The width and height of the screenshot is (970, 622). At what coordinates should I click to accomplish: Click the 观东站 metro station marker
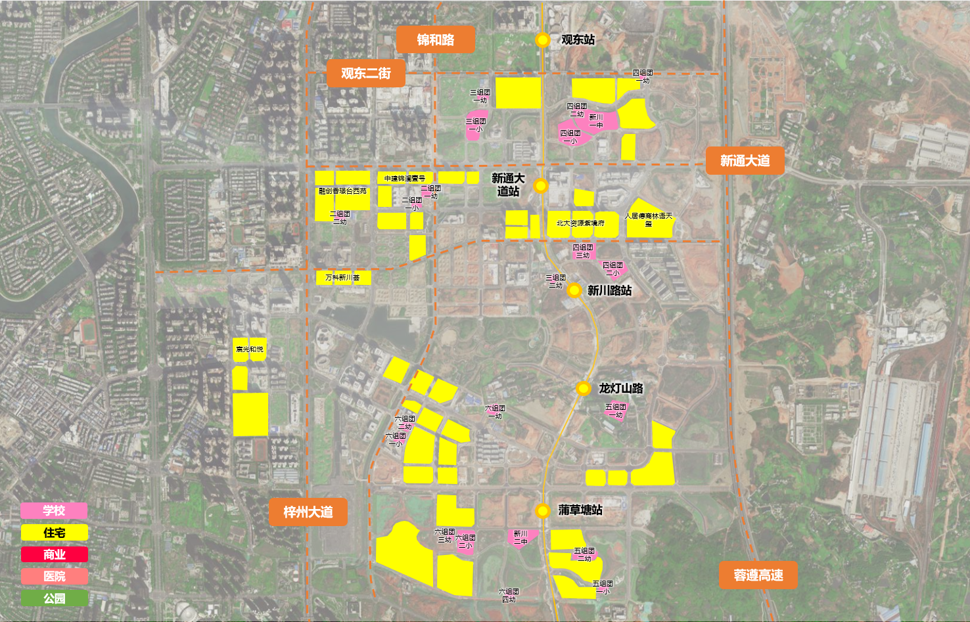542,40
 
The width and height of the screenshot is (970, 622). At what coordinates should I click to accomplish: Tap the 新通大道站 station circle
541,186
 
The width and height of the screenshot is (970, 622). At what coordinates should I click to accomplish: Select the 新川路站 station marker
574,290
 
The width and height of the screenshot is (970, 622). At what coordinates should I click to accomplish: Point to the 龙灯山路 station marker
583,388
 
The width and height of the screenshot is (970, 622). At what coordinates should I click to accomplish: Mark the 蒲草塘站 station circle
542,510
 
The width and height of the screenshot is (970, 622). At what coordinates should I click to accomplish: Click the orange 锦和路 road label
435,40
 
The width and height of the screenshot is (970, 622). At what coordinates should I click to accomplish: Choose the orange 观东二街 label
365,74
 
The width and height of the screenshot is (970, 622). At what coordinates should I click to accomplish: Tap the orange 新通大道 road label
745,161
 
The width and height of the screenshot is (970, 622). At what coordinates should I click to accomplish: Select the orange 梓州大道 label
308,512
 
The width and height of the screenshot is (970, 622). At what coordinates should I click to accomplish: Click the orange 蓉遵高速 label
758,575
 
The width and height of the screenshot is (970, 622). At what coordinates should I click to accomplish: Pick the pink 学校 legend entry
54,511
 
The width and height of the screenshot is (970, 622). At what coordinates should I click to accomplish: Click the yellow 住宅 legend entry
54,533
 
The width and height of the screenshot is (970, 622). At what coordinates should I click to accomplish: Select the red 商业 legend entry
54,554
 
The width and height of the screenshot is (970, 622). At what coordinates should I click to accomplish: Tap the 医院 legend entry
54,576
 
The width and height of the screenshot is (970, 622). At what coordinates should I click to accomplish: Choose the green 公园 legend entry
54,598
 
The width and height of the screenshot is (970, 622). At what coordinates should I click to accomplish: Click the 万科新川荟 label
342,278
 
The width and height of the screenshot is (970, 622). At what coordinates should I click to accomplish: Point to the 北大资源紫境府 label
580,223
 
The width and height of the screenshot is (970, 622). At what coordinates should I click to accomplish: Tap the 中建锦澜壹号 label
405,179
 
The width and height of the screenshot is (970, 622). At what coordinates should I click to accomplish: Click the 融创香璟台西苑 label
342,191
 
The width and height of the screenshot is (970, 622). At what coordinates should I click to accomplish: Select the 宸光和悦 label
249,349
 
